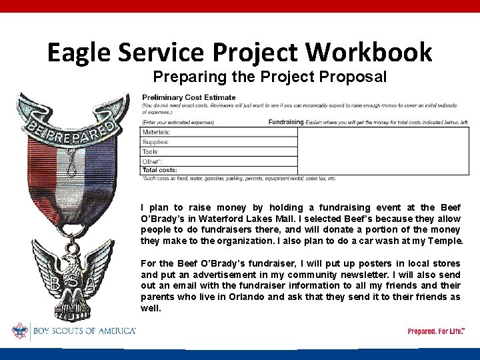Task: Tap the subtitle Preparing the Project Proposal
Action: [x=269, y=77]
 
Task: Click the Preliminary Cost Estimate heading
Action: [x=189, y=98]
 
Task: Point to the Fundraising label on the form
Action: [x=286, y=122]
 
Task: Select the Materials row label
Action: [x=156, y=132]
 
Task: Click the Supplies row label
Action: [x=155, y=142]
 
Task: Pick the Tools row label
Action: [x=151, y=151]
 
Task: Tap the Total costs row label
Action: [x=159, y=170]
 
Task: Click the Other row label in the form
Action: [x=152, y=161]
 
